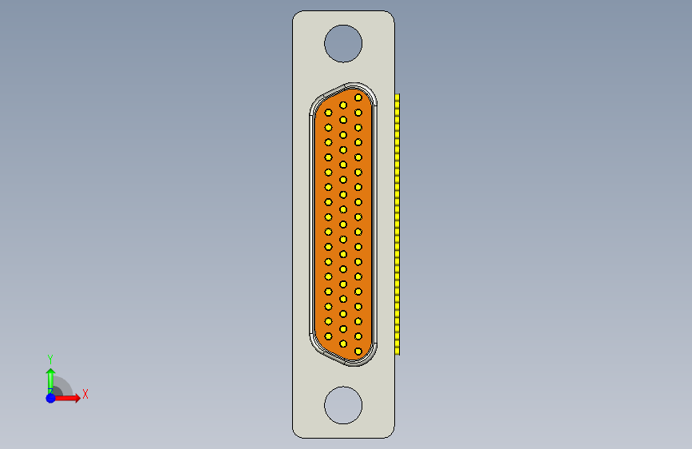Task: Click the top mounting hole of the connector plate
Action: coord(343,43)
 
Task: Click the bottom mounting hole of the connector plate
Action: coord(343,405)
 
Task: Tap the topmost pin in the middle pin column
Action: coord(343,105)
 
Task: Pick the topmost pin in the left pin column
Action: coord(328,113)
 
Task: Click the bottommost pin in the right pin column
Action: coord(358,351)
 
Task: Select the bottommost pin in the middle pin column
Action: coord(343,344)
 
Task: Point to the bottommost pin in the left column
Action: coord(328,337)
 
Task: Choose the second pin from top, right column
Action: coord(358,113)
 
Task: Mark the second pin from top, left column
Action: coord(328,127)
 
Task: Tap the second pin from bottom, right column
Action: coord(358,336)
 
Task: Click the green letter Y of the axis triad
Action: coord(50,359)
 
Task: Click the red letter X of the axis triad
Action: coord(85,394)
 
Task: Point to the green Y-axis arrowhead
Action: coord(50,373)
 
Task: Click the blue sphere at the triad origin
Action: coord(50,397)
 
